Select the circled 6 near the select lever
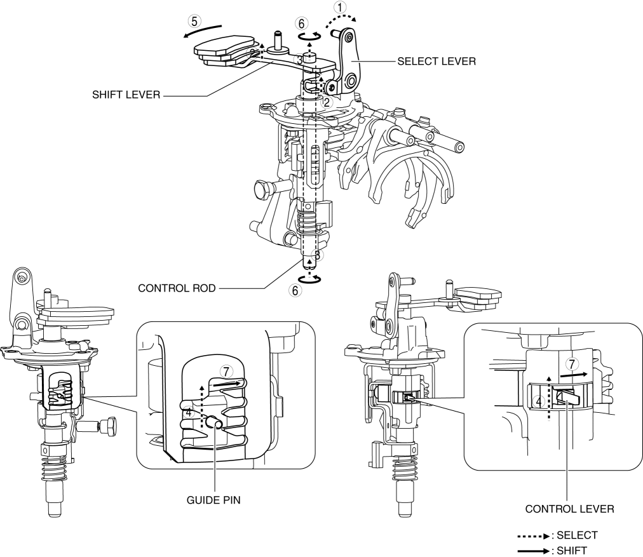coord(301,23)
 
